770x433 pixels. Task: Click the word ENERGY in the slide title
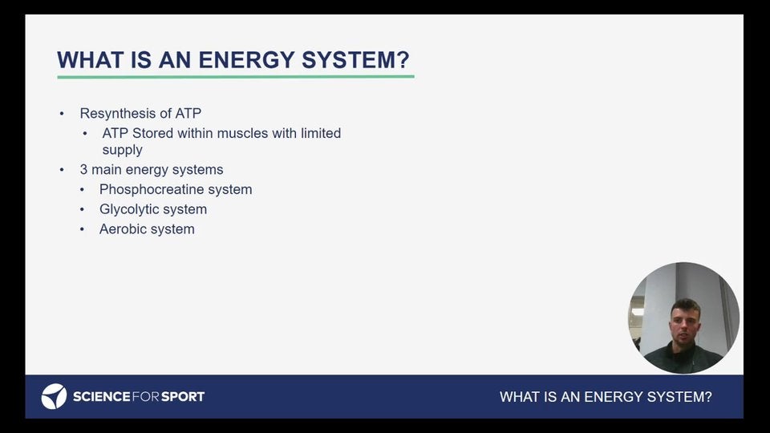[x=245, y=60]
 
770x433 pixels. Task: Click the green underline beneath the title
[x=236, y=77]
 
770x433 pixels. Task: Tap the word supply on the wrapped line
[x=122, y=150]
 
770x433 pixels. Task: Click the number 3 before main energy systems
[x=83, y=169]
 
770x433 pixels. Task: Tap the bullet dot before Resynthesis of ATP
[x=62, y=114]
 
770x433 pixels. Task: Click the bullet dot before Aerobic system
[x=82, y=229]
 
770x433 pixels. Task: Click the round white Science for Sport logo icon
[x=54, y=396]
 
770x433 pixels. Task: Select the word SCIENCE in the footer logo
[x=102, y=397]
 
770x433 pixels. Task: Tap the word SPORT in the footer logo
[x=183, y=397]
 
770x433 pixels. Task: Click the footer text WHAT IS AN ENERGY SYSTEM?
[x=606, y=397]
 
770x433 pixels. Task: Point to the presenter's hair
[x=685, y=306]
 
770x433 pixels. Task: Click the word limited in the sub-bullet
[x=321, y=133]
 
